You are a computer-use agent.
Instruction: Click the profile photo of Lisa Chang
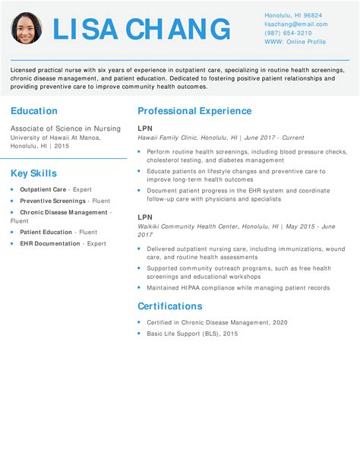click(x=27, y=28)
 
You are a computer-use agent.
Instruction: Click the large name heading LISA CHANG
click(x=141, y=30)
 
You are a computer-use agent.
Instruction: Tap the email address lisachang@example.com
click(x=296, y=24)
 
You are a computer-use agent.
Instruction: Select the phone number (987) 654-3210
click(x=288, y=33)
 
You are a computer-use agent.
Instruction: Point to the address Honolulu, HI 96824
click(x=293, y=15)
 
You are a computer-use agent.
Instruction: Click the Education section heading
click(x=34, y=111)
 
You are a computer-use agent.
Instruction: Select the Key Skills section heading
click(x=33, y=173)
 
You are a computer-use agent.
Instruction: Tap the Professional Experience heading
click(x=194, y=111)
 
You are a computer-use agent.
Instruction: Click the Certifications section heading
click(x=170, y=306)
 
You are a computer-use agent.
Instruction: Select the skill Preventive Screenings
click(x=54, y=201)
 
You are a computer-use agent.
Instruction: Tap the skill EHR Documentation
click(x=50, y=243)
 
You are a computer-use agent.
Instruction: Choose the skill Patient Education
click(x=46, y=232)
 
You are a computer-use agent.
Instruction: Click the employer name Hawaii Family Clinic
click(x=167, y=138)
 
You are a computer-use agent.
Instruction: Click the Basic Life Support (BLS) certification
click(x=192, y=334)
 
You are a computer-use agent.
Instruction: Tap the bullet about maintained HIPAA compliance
click(x=238, y=288)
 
